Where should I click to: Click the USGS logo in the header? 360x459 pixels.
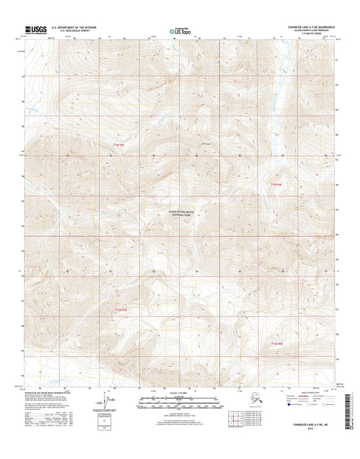(x=35, y=29)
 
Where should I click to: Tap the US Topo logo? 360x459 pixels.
(x=178, y=30)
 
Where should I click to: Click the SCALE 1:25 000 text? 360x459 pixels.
(x=180, y=393)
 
